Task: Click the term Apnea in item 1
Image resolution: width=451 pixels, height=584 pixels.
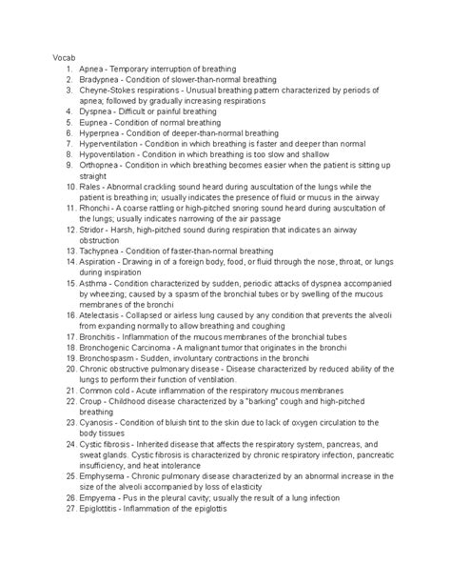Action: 94,69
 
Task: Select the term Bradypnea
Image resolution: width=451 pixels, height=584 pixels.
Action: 101,80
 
